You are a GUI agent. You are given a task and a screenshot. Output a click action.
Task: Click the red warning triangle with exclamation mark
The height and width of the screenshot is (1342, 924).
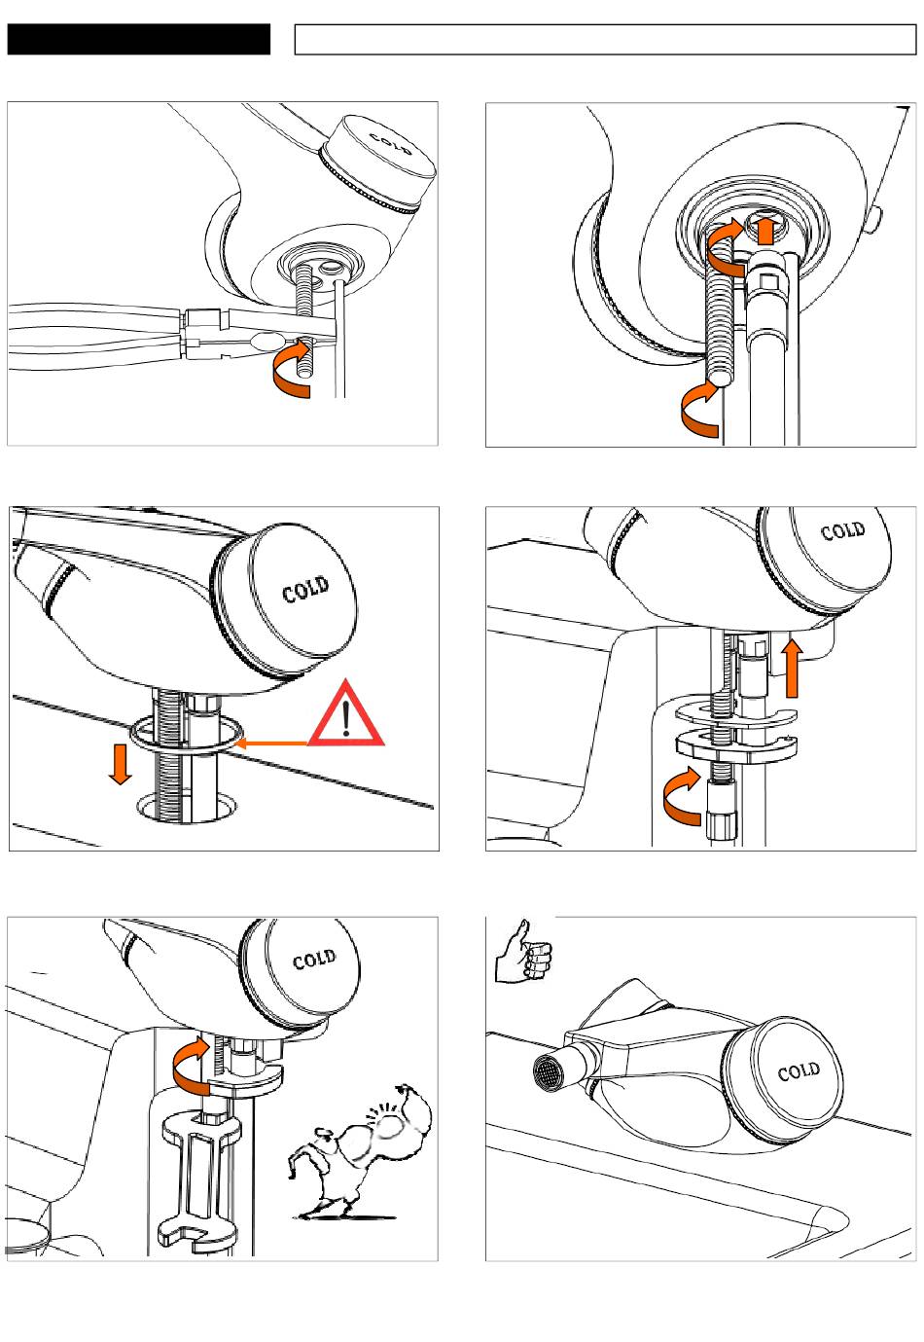coord(347,718)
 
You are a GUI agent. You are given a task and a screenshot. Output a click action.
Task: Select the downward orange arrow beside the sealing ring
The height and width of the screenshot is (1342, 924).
coord(121,763)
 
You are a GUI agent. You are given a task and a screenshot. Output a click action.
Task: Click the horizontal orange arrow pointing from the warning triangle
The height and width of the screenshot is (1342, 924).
coord(273,743)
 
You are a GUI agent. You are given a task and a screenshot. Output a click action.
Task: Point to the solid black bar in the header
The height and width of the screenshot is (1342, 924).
coord(138,40)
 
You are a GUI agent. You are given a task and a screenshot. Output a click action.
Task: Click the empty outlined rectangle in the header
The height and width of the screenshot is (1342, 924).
coord(605,40)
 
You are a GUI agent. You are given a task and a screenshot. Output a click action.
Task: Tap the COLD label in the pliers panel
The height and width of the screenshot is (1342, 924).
coord(390,142)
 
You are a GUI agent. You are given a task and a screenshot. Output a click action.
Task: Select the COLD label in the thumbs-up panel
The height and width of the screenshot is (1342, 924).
coord(799,1071)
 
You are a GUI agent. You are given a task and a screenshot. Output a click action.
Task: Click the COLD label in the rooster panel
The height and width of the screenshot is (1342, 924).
coord(314,961)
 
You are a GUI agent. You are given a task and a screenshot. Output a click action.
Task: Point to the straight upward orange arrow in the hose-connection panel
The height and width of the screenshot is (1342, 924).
coord(767,230)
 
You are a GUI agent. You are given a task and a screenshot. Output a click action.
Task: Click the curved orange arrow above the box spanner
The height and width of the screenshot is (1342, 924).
coord(191,1064)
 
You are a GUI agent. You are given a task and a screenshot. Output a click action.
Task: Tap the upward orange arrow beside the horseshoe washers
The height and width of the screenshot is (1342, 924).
coord(792,667)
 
